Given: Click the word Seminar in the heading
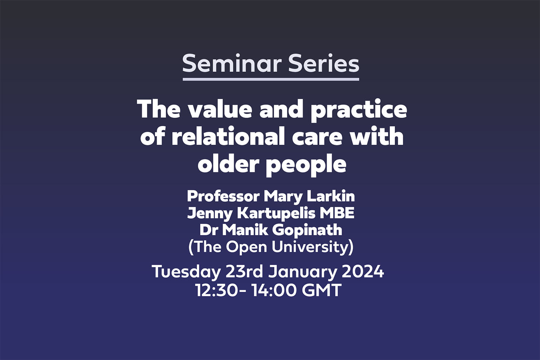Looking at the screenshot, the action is [x=232, y=63].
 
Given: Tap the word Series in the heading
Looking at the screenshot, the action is [x=324, y=63].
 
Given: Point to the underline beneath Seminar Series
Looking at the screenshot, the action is [x=271, y=79].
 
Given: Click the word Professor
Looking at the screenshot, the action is [x=223, y=197].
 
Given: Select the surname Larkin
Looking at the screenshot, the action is [x=331, y=197].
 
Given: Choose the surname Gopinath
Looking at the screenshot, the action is [x=307, y=230].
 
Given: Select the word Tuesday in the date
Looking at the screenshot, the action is [x=186, y=272].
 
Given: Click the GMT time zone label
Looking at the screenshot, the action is [x=322, y=290].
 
